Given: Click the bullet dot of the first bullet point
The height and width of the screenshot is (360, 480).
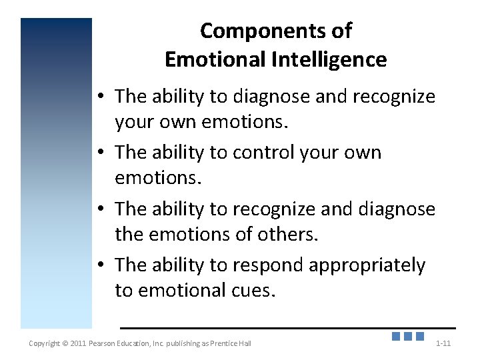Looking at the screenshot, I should [x=99, y=97].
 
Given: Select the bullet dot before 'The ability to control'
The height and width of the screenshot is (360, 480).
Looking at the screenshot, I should [x=99, y=153].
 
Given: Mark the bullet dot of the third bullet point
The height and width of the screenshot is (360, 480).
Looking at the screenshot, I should [x=99, y=209].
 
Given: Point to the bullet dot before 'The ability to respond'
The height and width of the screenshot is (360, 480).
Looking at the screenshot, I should [x=99, y=265].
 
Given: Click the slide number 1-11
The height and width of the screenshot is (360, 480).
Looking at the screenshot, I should [x=443, y=343].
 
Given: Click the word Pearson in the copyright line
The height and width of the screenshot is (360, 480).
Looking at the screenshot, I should [x=105, y=343].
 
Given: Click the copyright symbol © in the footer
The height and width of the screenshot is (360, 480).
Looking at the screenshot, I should [x=65, y=343].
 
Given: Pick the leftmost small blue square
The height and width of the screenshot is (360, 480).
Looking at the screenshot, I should [x=396, y=337].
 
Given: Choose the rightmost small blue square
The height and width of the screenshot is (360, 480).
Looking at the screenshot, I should [x=420, y=337].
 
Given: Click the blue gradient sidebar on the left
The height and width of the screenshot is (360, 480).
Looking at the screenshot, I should [x=56, y=173].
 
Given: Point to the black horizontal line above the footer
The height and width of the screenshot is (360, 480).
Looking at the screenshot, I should [x=287, y=328].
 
